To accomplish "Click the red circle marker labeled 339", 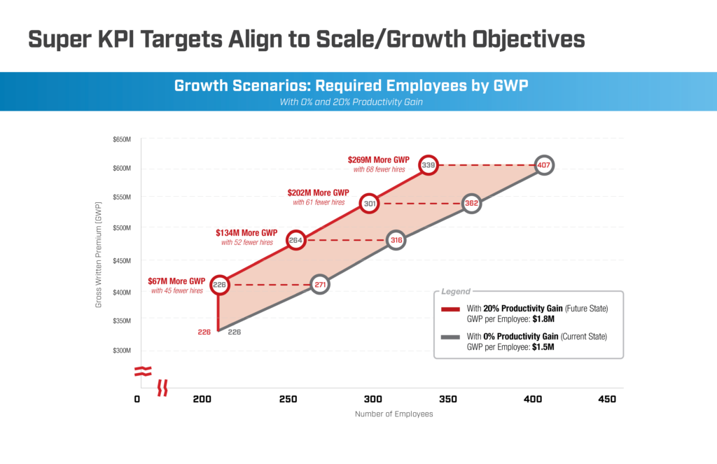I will (x=429, y=165).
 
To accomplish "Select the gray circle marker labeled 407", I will (x=544, y=166).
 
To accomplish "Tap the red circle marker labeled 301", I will (x=370, y=204).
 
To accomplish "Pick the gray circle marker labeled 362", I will (x=471, y=204).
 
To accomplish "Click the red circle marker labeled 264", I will (x=295, y=240).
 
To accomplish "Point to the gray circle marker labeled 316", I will (x=396, y=240).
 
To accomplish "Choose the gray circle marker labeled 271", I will (x=320, y=285).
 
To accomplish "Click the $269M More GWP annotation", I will (x=378, y=160).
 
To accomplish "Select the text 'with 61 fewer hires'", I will (x=319, y=202).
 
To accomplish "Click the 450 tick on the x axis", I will (x=606, y=399).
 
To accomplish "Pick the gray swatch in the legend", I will (x=450, y=337).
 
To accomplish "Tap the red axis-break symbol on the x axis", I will (x=162, y=387).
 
